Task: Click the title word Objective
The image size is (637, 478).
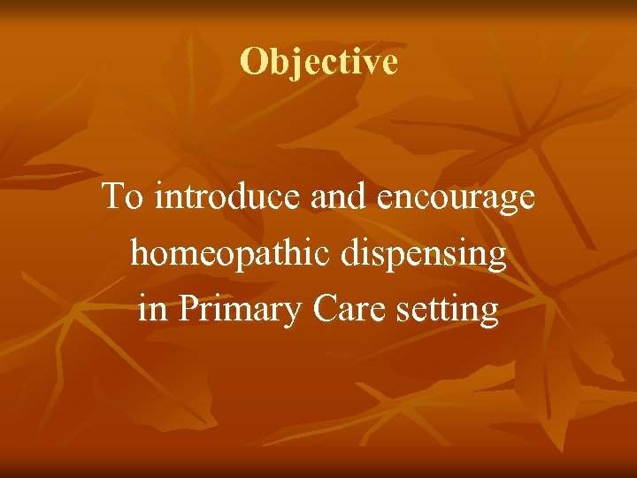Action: (x=318, y=62)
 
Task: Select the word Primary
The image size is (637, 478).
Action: (x=235, y=310)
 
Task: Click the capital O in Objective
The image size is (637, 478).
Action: (x=253, y=62)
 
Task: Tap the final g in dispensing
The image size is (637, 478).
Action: (x=497, y=258)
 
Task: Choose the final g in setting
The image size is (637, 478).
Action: (x=489, y=313)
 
